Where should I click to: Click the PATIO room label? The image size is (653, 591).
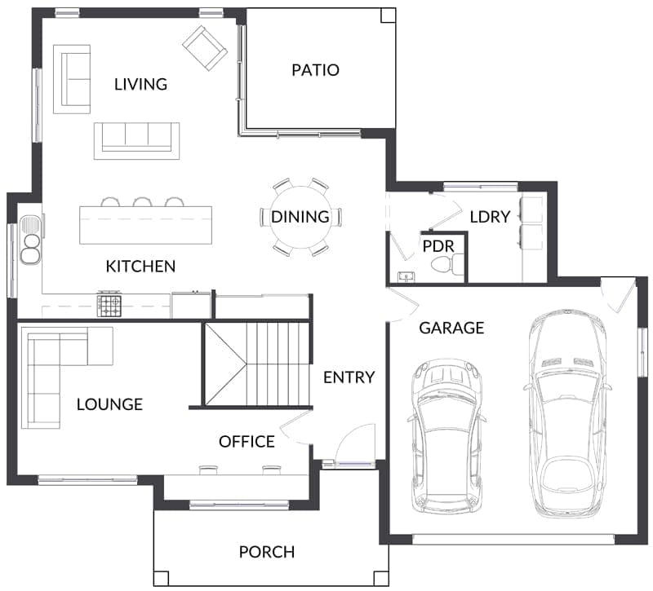(315, 70)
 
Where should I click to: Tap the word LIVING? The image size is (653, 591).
(140, 85)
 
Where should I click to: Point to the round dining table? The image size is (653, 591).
(300, 217)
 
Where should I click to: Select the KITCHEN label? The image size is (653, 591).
(140, 267)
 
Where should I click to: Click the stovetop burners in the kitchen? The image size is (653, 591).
(109, 305)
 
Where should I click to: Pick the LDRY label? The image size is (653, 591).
(491, 217)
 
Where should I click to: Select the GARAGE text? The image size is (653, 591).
(451, 329)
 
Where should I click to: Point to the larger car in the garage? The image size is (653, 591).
(567, 414)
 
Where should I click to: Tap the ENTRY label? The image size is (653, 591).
(349, 377)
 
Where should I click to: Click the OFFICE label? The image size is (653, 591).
(247, 442)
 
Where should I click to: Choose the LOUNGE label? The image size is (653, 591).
(109, 404)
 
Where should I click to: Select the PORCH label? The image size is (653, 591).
(267, 553)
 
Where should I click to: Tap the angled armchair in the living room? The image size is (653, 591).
(205, 48)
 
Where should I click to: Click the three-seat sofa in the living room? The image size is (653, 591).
(136, 141)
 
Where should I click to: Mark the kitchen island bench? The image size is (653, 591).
(146, 225)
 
